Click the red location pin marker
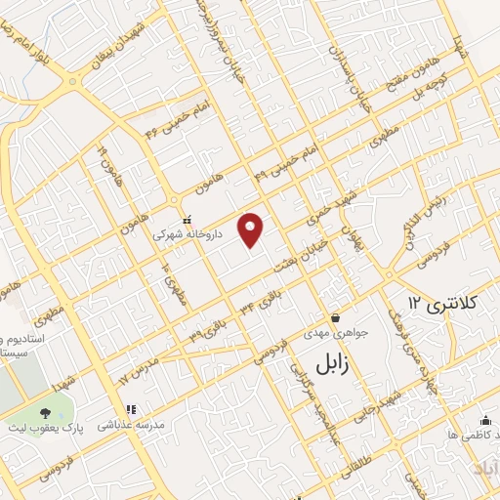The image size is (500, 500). pos(252,229)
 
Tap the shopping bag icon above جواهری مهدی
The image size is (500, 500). pos(336,316)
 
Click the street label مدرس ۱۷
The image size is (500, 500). pos(136,370)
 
